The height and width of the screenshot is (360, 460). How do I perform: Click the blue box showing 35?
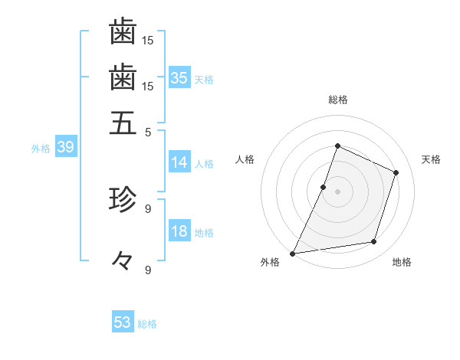point(179,78)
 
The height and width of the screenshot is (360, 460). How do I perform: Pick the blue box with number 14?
point(179,162)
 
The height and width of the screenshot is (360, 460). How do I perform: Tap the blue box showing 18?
point(179,232)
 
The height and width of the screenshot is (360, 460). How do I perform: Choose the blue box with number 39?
point(65,148)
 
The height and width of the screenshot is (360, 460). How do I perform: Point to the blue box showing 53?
point(123,322)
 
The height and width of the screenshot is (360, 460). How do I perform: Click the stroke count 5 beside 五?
point(149,131)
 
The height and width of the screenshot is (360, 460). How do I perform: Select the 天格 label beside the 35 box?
point(204,80)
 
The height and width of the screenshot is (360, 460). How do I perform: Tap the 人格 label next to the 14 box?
point(204,164)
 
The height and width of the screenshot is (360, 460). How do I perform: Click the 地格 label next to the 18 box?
point(204,233)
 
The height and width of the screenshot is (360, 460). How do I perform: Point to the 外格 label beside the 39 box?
point(41,149)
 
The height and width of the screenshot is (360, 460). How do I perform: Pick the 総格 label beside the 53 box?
point(147,324)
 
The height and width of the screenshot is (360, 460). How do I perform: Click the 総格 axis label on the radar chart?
point(337,100)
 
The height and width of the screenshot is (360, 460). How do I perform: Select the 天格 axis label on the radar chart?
point(431,159)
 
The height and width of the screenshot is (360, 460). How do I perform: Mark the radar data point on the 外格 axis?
point(293,253)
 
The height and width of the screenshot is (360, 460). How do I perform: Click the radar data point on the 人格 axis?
point(324,187)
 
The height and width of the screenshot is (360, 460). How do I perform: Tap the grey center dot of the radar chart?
point(337,191)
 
